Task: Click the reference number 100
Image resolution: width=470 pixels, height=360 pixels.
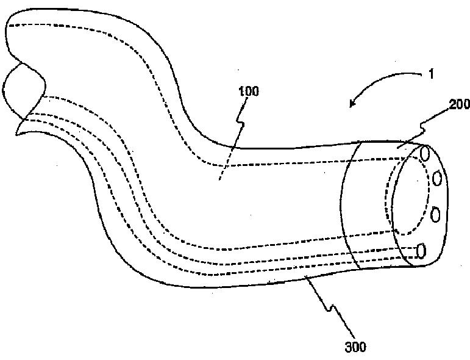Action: [x=249, y=92]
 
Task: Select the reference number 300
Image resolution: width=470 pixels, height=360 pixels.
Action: [x=355, y=347]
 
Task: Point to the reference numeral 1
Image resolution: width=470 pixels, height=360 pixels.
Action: [x=430, y=74]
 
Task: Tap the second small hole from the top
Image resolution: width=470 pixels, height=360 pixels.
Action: [x=436, y=178]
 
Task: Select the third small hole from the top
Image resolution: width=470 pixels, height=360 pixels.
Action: [x=435, y=214]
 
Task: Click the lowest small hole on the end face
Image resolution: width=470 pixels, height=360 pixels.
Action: [x=421, y=250]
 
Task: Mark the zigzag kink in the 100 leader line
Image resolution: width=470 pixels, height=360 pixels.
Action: [x=242, y=125]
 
